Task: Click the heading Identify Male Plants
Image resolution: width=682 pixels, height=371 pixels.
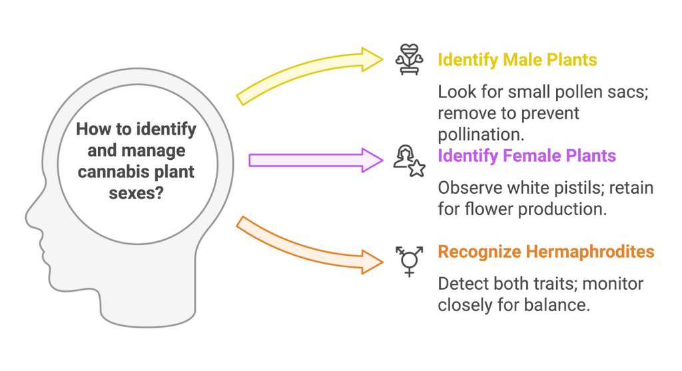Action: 517,60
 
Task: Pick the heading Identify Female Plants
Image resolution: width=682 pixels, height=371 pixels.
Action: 526,157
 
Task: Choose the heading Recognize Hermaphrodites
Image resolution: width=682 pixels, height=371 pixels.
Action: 545,252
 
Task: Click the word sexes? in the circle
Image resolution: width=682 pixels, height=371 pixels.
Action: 137,193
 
